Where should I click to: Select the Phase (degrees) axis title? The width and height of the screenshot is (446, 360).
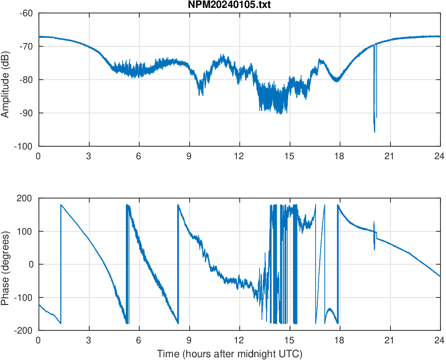pyautogui.click(x=6, y=264)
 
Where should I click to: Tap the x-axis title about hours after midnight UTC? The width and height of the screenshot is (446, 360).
pyautogui.click(x=229, y=354)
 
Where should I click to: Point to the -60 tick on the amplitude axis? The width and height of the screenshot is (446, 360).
pyautogui.click(x=26, y=13)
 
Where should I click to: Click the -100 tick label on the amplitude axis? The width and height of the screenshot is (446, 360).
pyautogui.click(x=24, y=146)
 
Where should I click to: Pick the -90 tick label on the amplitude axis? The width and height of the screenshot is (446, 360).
pyautogui.click(x=26, y=113)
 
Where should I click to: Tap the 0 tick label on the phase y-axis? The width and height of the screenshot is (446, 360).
pyautogui.click(x=31, y=264)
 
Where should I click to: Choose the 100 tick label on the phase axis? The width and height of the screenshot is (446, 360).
pyautogui.click(x=27, y=231)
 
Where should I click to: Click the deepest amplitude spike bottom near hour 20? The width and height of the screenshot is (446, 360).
pyautogui.click(x=374, y=132)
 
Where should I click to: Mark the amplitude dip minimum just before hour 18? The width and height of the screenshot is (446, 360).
pyautogui.click(x=336, y=81)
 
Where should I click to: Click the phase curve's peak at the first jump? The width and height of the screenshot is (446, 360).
pyautogui.click(x=61, y=205)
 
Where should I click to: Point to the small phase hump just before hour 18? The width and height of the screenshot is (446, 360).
pyautogui.click(x=330, y=309)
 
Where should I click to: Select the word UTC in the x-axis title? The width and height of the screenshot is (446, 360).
pyautogui.click(x=292, y=354)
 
